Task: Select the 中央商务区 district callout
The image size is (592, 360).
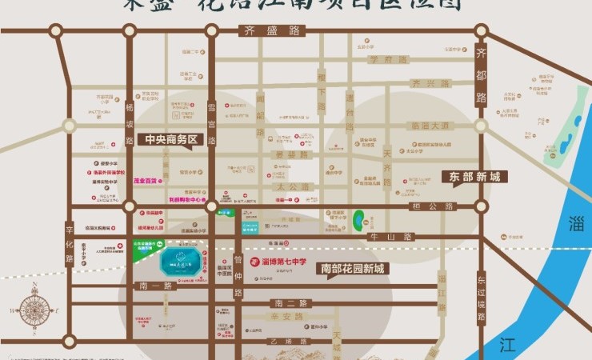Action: (170, 139)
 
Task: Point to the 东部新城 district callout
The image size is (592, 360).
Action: (474, 176)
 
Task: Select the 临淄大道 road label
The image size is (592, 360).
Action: (430, 126)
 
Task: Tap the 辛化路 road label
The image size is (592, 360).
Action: (70, 242)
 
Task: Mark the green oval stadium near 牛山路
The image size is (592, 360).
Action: (359, 217)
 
